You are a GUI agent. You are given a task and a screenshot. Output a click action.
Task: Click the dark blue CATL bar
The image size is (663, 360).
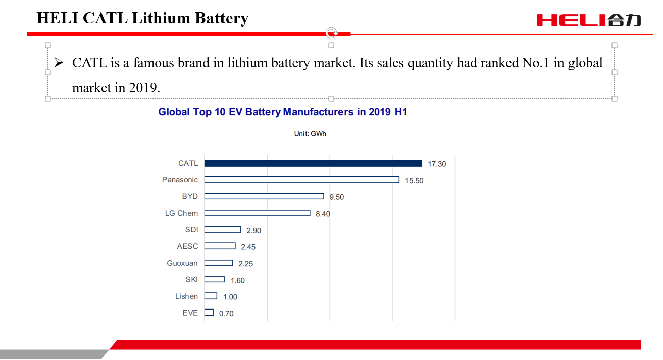(313, 163)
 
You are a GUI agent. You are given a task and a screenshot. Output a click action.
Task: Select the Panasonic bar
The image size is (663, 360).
(301, 180)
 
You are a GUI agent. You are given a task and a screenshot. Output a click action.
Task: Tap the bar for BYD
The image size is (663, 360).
(264, 196)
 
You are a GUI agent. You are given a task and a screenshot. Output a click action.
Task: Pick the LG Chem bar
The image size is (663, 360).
(257, 213)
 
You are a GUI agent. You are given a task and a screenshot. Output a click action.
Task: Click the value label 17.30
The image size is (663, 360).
(437, 164)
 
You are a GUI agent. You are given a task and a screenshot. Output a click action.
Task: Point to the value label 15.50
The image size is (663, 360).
(414, 181)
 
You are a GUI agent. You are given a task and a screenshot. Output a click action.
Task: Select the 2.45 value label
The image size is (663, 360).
(248, 247)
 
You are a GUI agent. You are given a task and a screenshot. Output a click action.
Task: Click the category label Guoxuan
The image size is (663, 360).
(182, 263)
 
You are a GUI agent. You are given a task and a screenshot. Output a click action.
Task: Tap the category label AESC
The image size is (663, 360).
(187, 246)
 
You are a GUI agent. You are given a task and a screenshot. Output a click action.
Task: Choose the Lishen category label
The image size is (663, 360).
(186, 296)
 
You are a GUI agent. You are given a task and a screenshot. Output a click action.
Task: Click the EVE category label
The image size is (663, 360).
(190, 313)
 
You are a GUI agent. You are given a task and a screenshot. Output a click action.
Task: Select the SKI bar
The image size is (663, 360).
(215, 279)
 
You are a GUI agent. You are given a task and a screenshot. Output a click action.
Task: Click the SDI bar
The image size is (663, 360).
(223, 230)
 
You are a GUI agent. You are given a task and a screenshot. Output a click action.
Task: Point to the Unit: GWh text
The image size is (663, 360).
(310, 134)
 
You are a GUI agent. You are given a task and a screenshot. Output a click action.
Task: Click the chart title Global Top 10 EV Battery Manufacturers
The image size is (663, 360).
(283, 112)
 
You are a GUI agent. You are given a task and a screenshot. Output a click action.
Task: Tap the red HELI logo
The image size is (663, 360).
(588, 20)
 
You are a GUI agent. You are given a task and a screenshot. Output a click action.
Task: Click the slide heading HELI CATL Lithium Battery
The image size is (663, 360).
(142, 18)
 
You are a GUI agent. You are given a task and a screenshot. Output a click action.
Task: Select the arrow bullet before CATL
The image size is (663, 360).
(59, 63)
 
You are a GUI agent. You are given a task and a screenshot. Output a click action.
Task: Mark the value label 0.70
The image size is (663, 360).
(226, 314)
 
